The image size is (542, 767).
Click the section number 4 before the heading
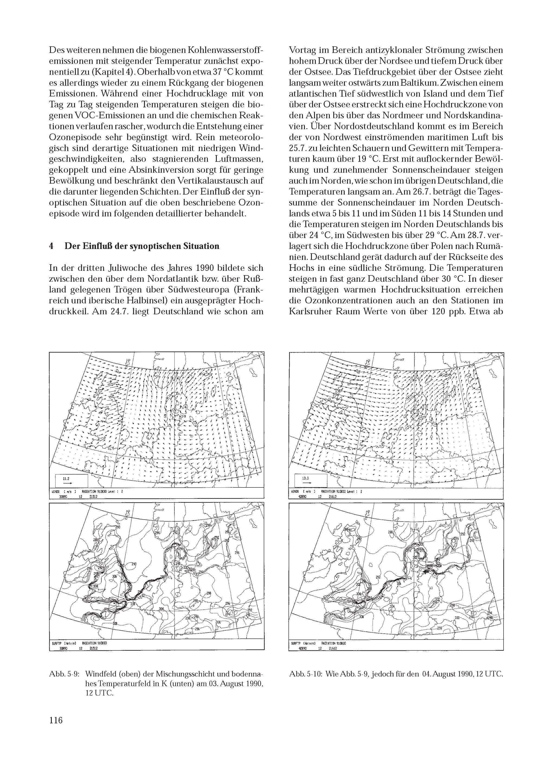[x=51, y=246]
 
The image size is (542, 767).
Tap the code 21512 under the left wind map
[x=94, y=497]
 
